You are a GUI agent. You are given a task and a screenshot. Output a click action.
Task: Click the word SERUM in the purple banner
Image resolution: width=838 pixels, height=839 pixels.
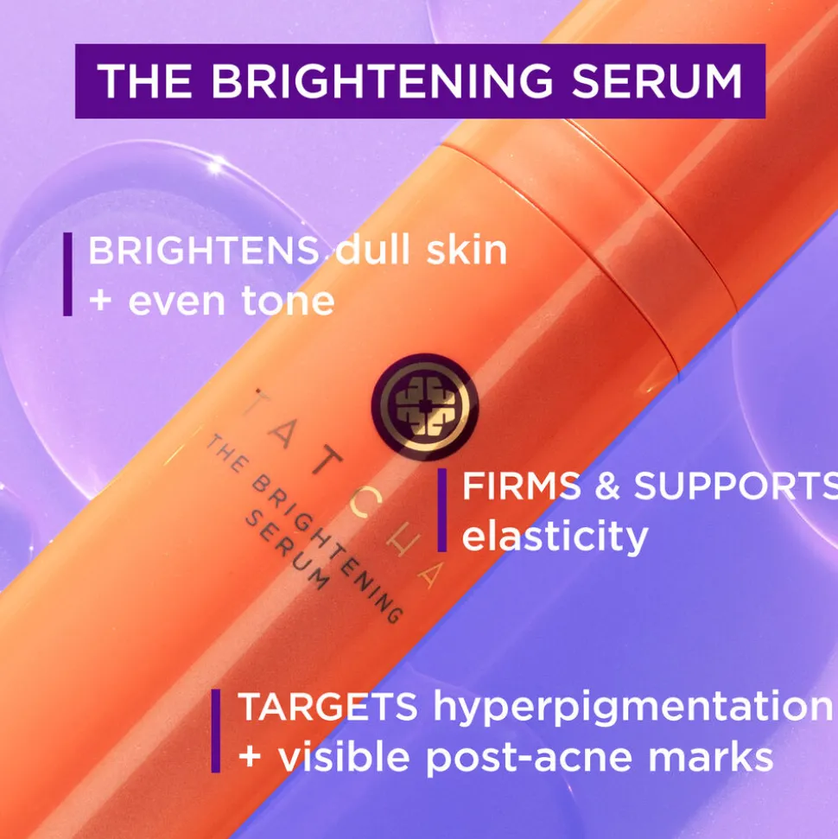(657, 81)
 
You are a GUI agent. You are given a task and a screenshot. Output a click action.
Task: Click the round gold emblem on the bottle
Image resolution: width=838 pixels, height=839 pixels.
(425, 407)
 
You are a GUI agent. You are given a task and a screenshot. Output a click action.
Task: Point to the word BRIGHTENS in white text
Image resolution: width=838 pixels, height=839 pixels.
(204, 250)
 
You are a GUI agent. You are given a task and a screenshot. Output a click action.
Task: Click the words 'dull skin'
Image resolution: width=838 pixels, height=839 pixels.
(421, 250)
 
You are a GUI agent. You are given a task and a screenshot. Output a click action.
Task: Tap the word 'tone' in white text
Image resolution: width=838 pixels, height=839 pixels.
(288, 300)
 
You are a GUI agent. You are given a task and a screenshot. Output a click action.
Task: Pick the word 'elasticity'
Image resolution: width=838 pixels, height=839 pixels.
(555, 536)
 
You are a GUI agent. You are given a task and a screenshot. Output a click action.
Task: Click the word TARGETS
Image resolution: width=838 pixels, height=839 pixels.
(327, 706)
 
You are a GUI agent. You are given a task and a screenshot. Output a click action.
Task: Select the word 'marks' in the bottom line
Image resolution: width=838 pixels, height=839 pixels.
(711, 757)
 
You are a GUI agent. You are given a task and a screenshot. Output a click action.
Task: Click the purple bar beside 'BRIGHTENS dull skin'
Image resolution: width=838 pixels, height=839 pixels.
(67, 274)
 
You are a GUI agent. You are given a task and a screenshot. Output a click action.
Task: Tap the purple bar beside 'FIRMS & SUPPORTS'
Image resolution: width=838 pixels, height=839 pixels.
(442, 510)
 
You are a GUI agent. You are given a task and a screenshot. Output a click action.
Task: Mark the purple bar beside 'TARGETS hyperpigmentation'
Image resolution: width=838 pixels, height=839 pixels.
(216, 731)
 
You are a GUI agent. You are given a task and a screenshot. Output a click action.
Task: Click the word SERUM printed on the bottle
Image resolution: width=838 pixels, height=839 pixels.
(288, 550)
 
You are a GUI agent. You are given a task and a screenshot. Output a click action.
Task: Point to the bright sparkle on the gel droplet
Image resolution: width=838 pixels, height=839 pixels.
(215, 167)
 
